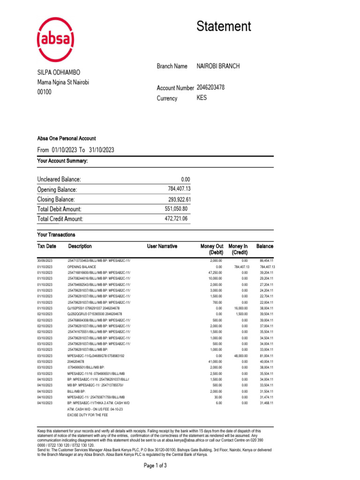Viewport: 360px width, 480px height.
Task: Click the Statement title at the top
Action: click(x=224, y=26)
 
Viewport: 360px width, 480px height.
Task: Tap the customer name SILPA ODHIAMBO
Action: click(x=59, y=73)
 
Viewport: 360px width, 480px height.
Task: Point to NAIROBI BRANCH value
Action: click(x=218, y=67)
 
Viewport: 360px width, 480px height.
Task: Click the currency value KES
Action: click(x=202, y=98)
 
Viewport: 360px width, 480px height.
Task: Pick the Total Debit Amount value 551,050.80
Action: click(x=176, y=209)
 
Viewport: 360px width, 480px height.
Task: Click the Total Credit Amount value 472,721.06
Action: click(x=176, y=219)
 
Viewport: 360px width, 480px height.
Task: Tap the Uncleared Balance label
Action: click(x=59, y=180)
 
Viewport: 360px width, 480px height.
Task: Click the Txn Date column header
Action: click(x=47, y=246)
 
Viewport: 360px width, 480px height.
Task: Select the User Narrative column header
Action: click(x=162, y=246)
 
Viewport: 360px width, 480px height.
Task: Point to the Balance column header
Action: click(x=265, y=246)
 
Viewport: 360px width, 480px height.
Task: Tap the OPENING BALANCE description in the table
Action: click(x=82, y=266)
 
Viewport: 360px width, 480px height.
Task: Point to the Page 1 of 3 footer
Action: click(x=155, y=466)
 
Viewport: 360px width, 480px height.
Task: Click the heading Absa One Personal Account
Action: click(x=66, y=138)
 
